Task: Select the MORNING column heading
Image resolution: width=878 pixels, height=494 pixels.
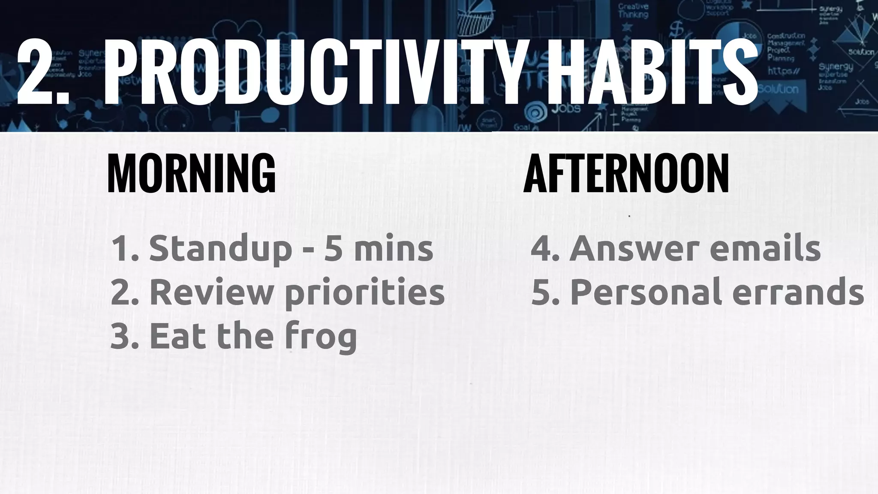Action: coord(191,174)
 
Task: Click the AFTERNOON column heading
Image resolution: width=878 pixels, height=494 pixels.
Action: coord(626,174)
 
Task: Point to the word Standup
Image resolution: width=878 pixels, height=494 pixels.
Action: coord(220,250)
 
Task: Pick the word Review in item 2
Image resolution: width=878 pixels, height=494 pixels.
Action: coord(212,292)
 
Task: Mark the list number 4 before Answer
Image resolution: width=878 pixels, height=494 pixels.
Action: coord(542,250)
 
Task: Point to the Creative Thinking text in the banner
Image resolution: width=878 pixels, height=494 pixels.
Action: coord(633,11)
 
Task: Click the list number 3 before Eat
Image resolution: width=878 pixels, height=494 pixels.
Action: coord(122,337)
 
